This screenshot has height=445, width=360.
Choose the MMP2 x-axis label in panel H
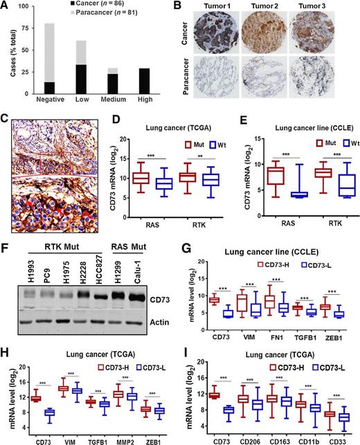coord(123,435)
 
